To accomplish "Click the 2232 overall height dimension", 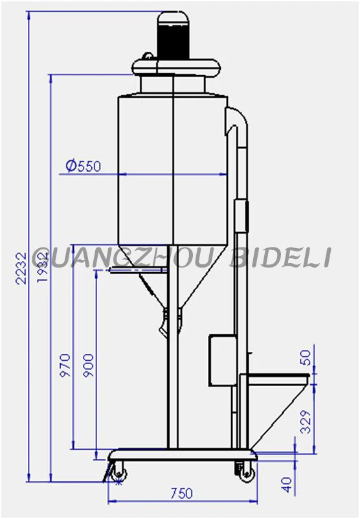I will [21, 267].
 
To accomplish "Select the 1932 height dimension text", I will [42, 267].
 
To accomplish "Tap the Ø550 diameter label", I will [83, 166].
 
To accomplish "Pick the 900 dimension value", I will [89, 367].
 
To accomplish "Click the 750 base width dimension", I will [181, 494].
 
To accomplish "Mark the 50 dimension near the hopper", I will [307, 357].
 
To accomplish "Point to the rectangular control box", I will [221, 361].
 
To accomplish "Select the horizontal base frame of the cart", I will [181, 454].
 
